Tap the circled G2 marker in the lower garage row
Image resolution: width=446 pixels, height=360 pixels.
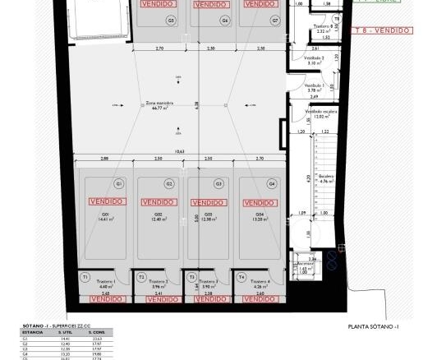click(169, 183)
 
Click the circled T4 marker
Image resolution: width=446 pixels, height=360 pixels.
click(241, 278)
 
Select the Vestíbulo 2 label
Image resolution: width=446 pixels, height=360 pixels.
click(315, 58)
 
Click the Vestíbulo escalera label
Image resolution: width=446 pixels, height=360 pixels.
click(321, 111)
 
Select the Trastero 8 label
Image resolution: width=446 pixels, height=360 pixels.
click(325, 27)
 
